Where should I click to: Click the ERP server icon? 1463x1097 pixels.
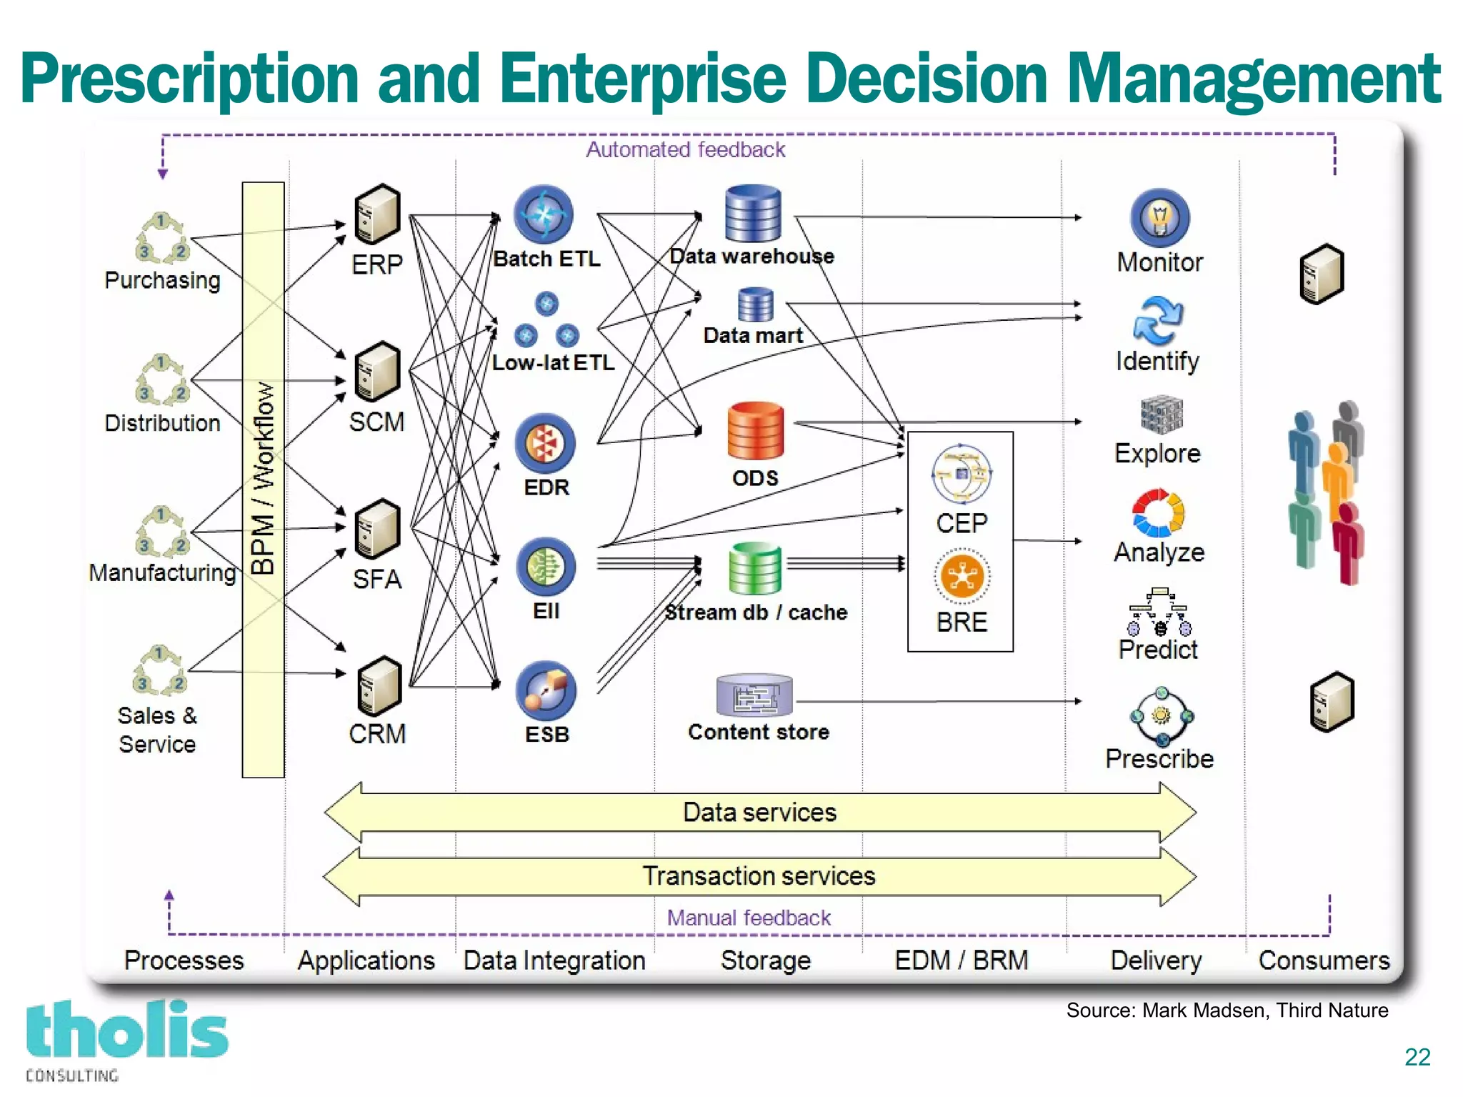(x=377, y=214)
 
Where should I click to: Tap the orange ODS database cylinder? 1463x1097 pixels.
(x=755, y=430)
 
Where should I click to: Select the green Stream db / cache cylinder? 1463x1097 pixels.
(x=755, y=568)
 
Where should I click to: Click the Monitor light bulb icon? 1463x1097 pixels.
(x=1159, y=217)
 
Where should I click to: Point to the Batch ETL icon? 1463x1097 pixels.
(x=544, y=214)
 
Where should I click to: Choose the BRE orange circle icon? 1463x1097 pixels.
(x=962, y=576)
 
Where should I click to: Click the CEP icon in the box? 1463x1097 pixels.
(x=962, y=473)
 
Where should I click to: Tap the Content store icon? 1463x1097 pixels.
(x=754, y=695)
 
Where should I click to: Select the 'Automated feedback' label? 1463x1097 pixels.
(x=685, y=149)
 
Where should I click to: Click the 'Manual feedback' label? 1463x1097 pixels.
(x=749, y=918)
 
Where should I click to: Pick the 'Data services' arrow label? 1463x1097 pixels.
(x=759, y=813)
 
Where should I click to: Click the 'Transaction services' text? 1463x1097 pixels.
(x=759, y=876)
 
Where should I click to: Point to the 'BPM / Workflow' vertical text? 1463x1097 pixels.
(x=264, y=478)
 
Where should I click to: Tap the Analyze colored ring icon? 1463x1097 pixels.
(x=1158, y=512)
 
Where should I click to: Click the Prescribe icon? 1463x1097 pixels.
(x=1162, y=716)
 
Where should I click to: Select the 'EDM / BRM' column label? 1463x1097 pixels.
(x=961, y=960)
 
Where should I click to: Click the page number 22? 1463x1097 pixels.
(x=1417, y=1057)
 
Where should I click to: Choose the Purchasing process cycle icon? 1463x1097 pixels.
(x=162, y=238)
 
